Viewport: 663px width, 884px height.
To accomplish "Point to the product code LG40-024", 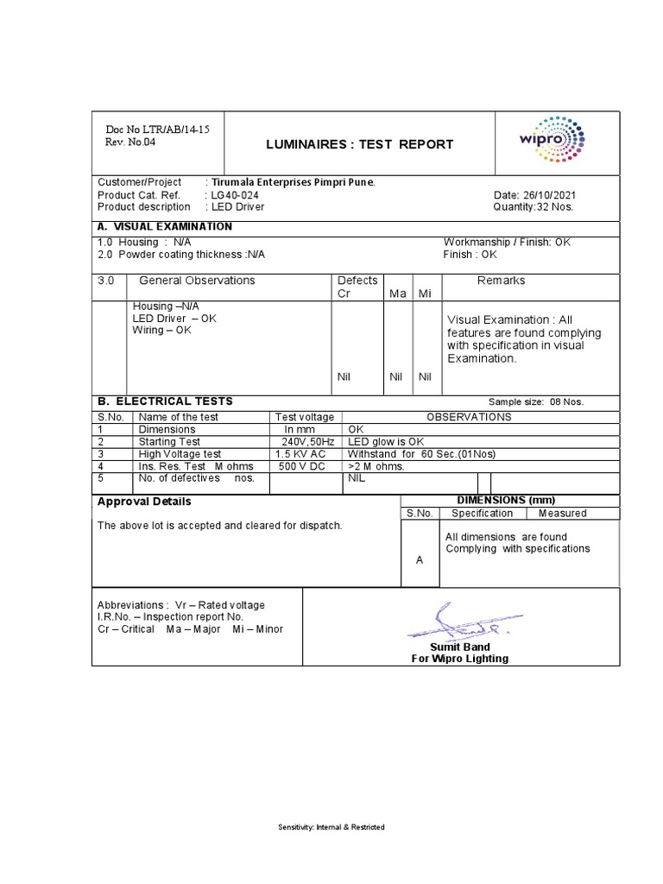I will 234,195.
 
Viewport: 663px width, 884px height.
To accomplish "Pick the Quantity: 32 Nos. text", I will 533,207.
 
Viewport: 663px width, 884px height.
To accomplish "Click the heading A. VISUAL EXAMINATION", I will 165,226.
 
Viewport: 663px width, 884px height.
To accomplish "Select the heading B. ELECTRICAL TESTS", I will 165,401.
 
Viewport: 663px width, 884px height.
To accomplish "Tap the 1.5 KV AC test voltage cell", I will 300,453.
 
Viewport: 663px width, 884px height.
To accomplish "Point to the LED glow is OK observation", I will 386,441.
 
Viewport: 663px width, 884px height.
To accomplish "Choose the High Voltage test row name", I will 180,453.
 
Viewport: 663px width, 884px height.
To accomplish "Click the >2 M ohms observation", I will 376,465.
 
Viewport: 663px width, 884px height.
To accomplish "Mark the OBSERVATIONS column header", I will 469,417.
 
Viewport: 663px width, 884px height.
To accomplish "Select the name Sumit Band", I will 459,647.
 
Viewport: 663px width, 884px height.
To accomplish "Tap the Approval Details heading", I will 144,502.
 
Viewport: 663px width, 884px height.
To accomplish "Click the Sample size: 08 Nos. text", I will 536,402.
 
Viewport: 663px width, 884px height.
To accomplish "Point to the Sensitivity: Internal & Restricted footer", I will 331,827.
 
